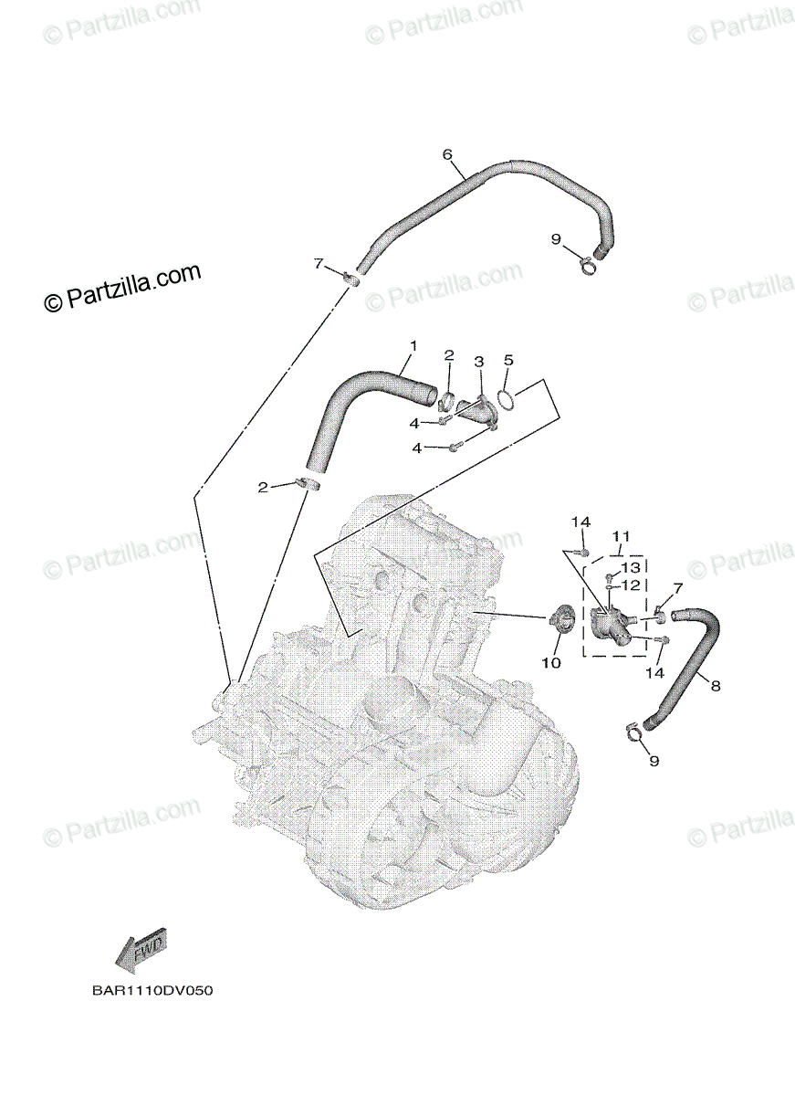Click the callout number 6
(x=448, y=154)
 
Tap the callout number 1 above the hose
(x=413, y=346)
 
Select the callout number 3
(x=478, y=362)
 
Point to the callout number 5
(x=508, y=360)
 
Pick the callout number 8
(x=715, y=685)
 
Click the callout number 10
(x=551, y=662)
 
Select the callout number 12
(x=632, y=585)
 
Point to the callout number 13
(x=632, y=567)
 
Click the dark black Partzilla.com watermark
(x=122, y=288)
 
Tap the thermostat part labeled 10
(x=559, y=622)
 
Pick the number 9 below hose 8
(x=654, y=760)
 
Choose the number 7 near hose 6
(x=319, y=264)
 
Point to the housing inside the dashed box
(x=607, y=626)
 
